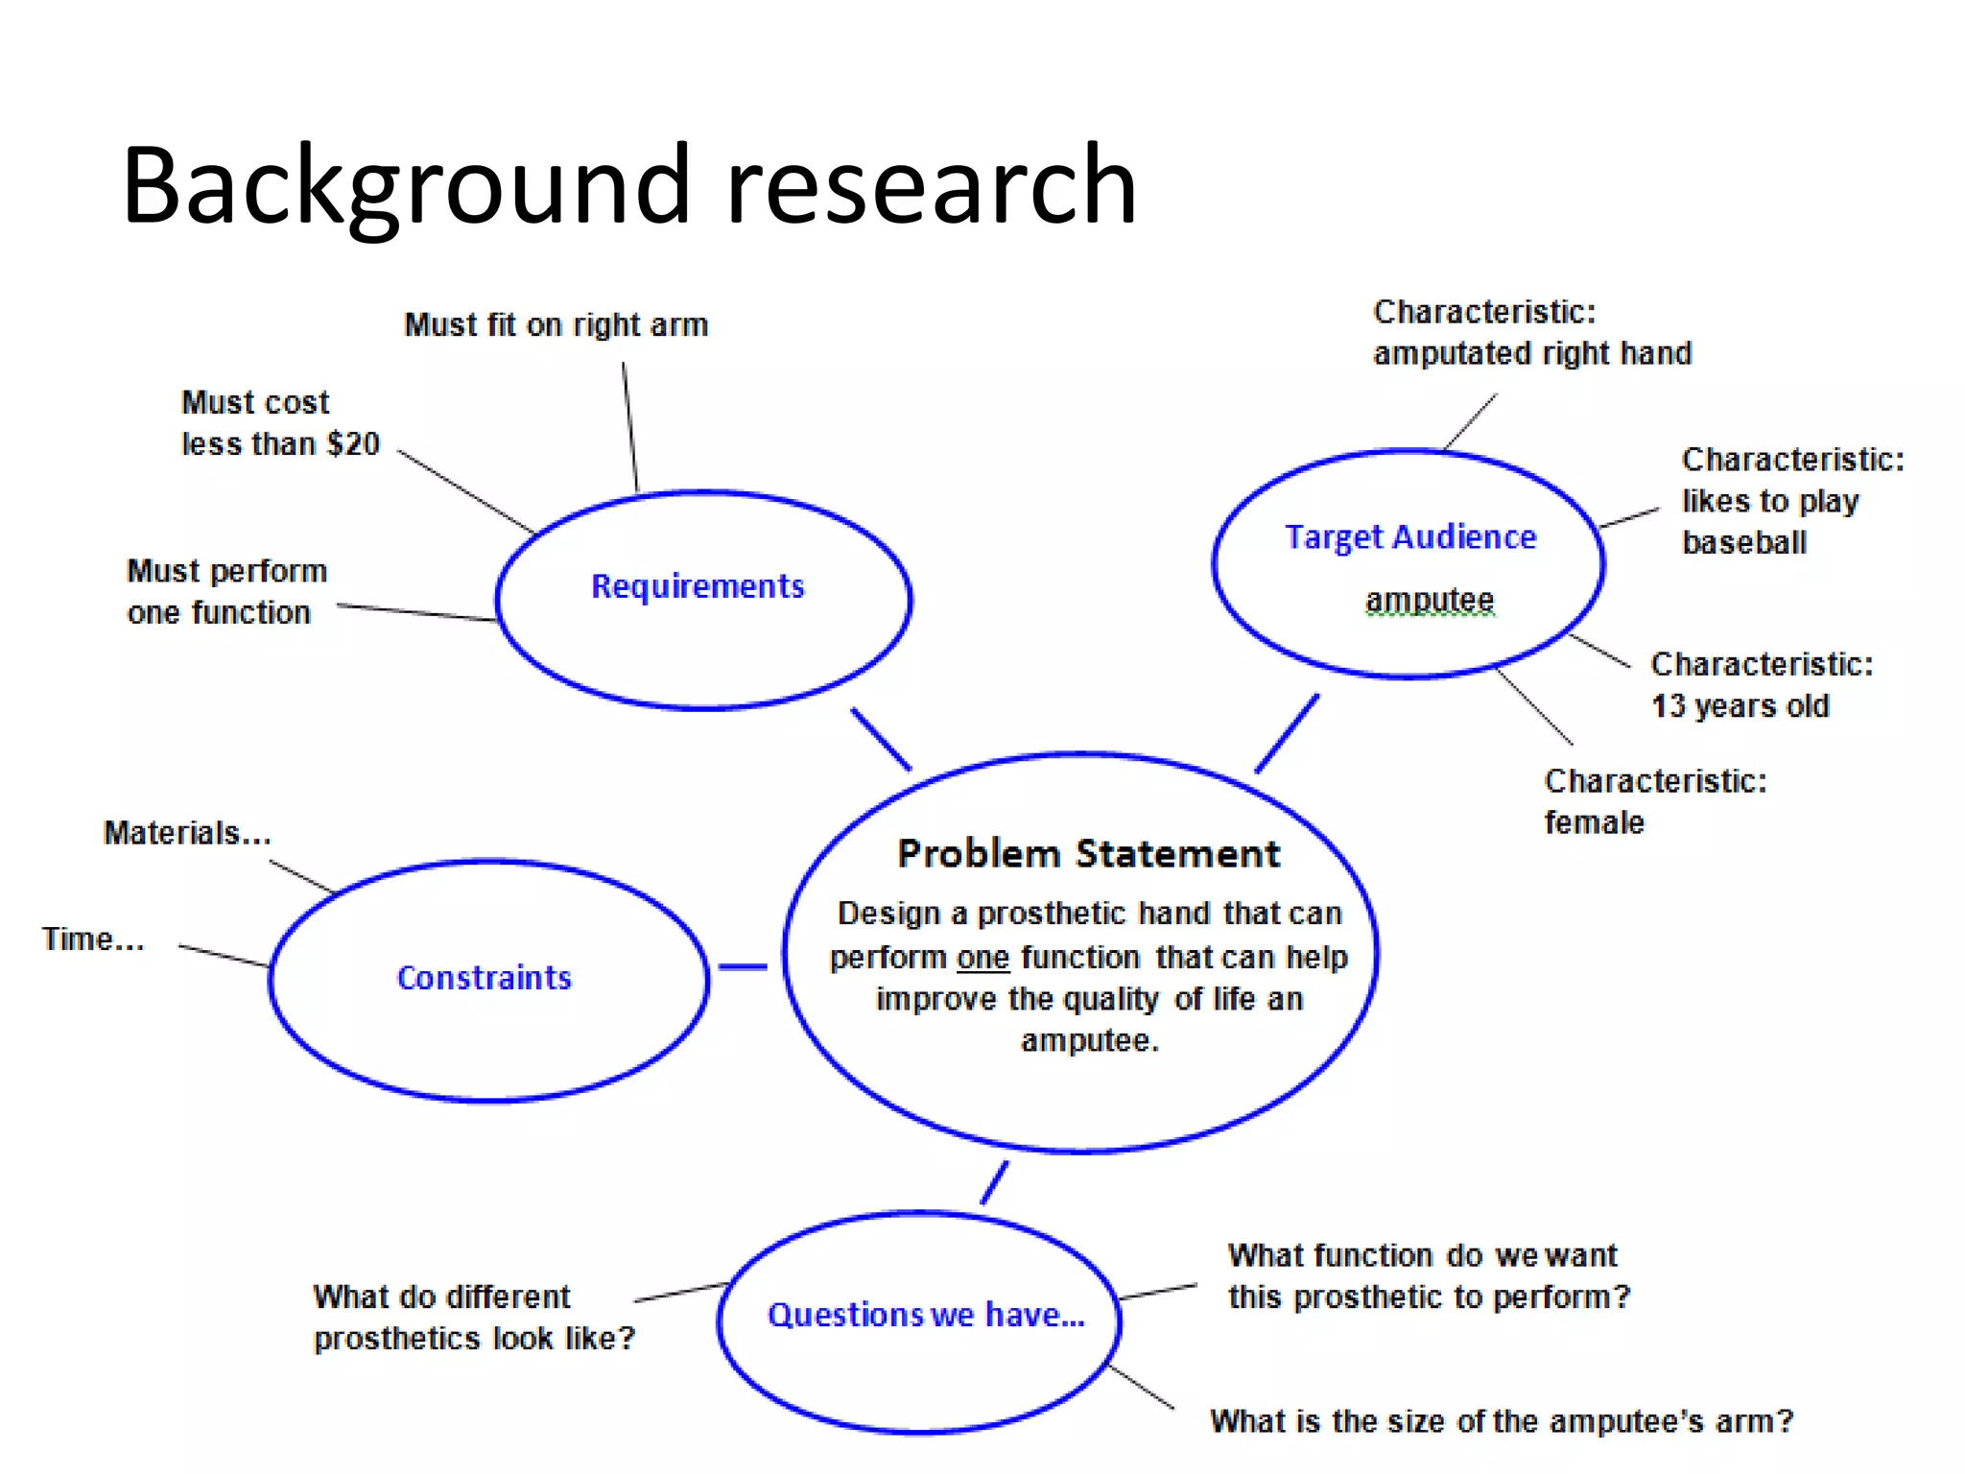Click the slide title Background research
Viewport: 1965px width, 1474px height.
click(x=628, y=184)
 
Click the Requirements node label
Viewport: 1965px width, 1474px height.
click(x=698, y=586)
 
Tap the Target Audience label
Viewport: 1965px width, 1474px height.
click(x=1409, y=537)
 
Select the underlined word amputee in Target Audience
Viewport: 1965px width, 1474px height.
click(x=1429, y=600)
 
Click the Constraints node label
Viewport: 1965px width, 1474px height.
click(x=484, y=978)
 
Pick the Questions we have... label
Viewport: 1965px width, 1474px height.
click(x=925, y=1315)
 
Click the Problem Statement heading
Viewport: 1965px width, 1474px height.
click(x=1088, y=853)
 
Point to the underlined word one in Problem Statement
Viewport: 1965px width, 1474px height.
click(x=982, y=958)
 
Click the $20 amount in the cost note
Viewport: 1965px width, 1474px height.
click(x=353, y=444)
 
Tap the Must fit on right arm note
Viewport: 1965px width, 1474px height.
click(x=556, y=325)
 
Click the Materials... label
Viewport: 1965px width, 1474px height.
click(x=187, y=833)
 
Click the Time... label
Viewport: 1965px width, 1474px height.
click(x=93, y=939)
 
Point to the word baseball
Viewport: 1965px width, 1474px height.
click(x=1743, y=543)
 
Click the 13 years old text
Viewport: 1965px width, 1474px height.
click(x=1740, y=706)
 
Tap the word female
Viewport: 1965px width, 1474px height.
click(x=1594, y=823)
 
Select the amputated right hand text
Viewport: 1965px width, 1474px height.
click(x=1531, y=354)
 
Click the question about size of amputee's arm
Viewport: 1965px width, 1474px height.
click(x=1501, y=1421)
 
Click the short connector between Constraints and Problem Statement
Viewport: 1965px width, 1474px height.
click(x=743, y=966)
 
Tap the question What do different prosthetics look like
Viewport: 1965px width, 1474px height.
click(x=474, y=1318)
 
